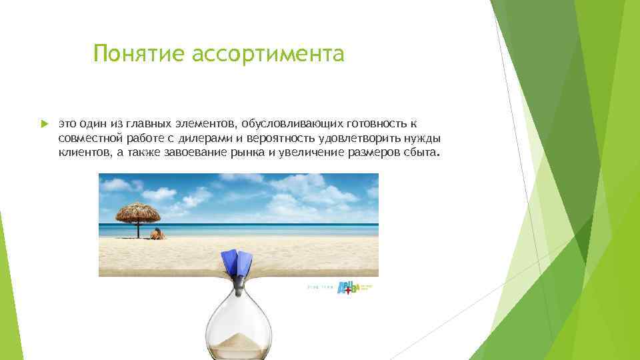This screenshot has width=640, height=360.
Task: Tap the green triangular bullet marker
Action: (x=45, y=124)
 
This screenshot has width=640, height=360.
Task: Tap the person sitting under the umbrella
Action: (x=157, y=233)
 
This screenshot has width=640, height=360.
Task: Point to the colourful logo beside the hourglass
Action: (x=349, y=287)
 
